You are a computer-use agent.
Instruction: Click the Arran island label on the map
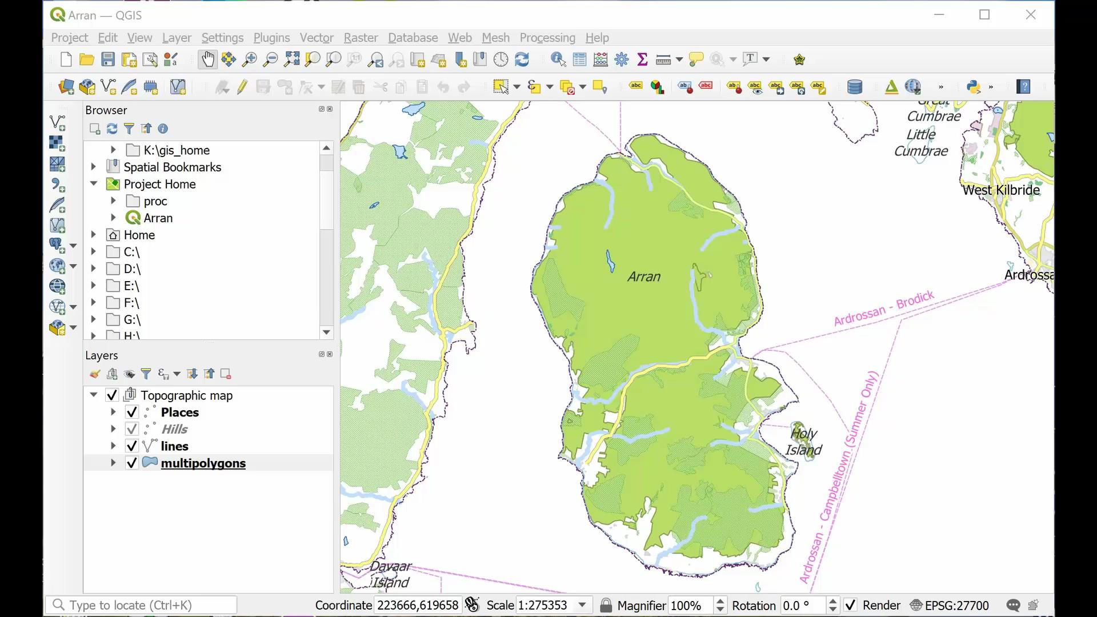pyautogui.click(x=644, y=277)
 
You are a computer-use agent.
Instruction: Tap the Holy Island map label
pyautogui.click(x=803, y=442)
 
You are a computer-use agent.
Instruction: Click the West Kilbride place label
pyautogui.click(x=1000, y=190)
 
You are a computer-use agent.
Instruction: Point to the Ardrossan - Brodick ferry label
pyautogui.click(x=884, y=308)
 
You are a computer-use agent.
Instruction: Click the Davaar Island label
pyautogui.click(x=390, y=574)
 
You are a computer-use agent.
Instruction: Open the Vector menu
pyautogui.click(x=316, y=38)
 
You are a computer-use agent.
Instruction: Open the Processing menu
pyautogui.click(x=547, y=38)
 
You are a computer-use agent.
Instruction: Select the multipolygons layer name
pyautogui.click(x=203, y=463)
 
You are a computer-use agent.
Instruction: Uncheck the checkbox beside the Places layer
pyautogui.click(x=132, y=412)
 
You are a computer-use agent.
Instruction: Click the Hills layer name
pyautogui.click(x=174, y=430)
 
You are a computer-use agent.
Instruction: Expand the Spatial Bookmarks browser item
pyautogui.click(x=94, y=167)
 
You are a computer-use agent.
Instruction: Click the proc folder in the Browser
pyautogui.click(x=155, y=201)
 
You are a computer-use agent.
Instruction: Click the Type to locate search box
pyautogui.click(x=143, y=605)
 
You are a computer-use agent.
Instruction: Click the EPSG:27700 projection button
pyautogui.click(x=950, y=606)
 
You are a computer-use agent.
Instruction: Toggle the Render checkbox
pyautogui.click(x=851, y=606)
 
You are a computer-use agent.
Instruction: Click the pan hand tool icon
pyautogui.click(x=207, y=59)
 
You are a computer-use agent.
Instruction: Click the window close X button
pyautogui.click(x=1030, y=15)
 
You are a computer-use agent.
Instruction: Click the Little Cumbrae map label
pyautogui.click(x=921, y=143)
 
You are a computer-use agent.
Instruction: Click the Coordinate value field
pyautogui.click(x=417, y=606)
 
